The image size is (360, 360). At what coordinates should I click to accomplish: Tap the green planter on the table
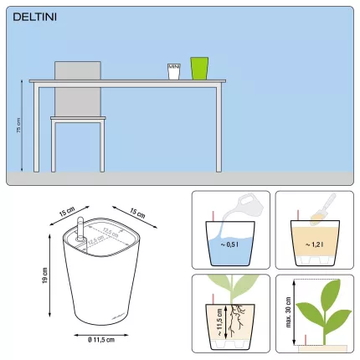tap(198, 68)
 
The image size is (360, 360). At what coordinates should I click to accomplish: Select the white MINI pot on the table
tap(174, 71)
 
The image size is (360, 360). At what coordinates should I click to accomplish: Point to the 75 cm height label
tap(18, 126)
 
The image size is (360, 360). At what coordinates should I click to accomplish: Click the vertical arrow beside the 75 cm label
tap(24, 126)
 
